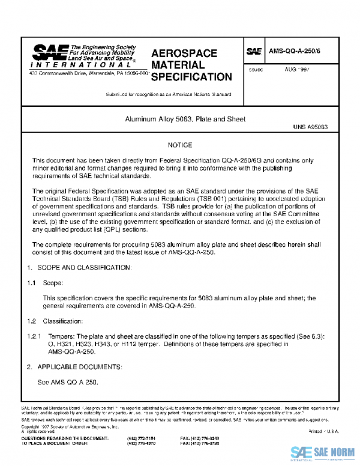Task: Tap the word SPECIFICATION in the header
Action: [191, 77]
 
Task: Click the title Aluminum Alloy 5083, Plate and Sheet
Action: [185, 120]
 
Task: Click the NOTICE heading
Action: [180, 145]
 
